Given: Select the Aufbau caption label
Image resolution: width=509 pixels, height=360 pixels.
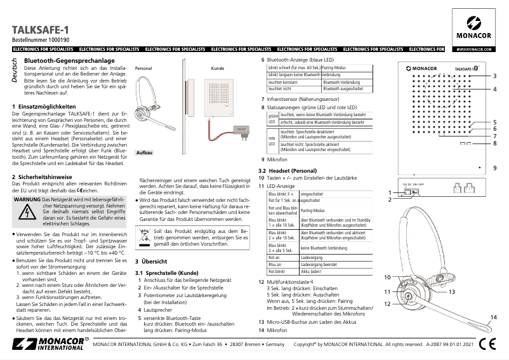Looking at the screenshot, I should pyautogui.click(x=144, y=153).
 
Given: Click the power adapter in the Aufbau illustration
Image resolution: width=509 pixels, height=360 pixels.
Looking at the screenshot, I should pyautogui.click(x=239, y=131).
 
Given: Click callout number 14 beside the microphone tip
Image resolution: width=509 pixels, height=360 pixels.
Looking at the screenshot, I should pyautogui.click(x=492, y=317).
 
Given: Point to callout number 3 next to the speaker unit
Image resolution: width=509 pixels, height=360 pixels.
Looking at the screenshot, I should pyautogui.click(x=494, y=76).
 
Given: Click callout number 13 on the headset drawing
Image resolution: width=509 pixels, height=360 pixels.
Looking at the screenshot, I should pyautogui.click(x=452, y=291).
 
